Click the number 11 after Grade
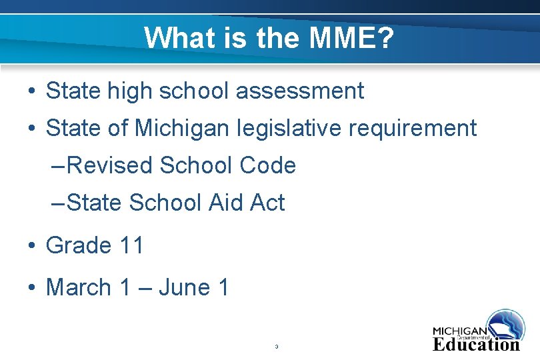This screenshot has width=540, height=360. tap(131, 245)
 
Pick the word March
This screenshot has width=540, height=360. tap(79, 288)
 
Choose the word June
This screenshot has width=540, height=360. tap(183, 288)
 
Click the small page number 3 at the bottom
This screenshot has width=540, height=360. tap(276, 347)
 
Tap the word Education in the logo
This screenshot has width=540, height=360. tap(476, 345)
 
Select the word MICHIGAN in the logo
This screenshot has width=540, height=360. tap(459, 331)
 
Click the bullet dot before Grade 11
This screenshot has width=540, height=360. tap(31, 246)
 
